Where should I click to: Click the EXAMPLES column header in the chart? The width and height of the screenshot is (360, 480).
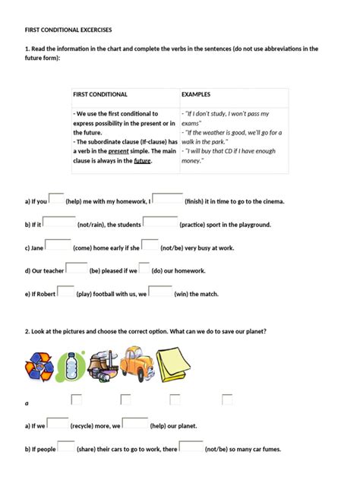pyautogui.click(x=197, y=94)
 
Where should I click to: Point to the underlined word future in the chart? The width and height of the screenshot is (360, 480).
pyautogui.click(x=143, y=161)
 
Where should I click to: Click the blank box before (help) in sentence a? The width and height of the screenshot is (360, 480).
pyautogui.click(x=56, y=199)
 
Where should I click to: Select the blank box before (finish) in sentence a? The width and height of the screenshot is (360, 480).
pyautogui.click(x=167, y=199)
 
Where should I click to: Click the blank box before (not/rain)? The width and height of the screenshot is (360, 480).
pyautogui.click(x=59, y=222)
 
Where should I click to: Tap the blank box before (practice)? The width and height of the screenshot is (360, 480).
pyautogui.click(x=160, y=222)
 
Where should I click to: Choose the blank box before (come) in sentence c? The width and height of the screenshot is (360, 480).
pyautogui.click(x=58, y=245)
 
